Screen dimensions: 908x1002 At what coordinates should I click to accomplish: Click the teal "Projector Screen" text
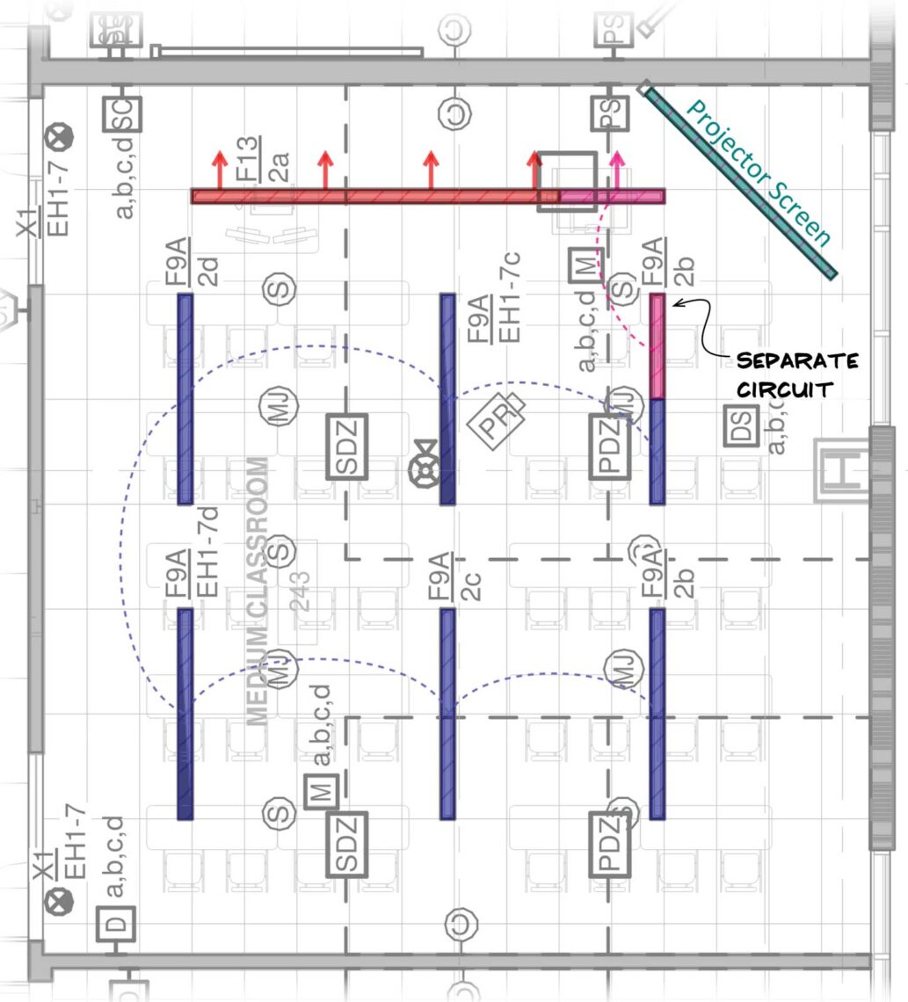tap(759, 172)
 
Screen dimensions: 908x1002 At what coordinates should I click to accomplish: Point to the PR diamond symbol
tap(495, 417)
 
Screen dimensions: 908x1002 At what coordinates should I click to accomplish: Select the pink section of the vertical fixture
tap(657, 346)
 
